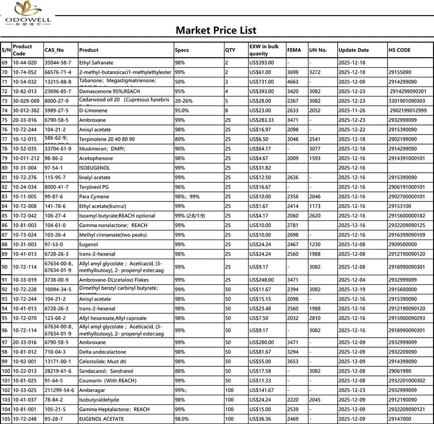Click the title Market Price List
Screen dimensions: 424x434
click(216, 30)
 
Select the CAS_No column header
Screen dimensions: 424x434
click(54, 50)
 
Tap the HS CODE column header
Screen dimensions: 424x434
click(399, 50)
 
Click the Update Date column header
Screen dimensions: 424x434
click(354, 50)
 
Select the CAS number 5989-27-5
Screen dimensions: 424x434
click(57, 110)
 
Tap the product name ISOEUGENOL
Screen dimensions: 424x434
click(95, 168)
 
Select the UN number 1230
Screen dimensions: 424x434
click(315, 244)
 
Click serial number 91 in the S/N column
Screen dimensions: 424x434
click(5, 279)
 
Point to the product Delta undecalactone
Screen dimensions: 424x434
click(102, 352)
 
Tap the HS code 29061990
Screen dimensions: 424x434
click(402, 371)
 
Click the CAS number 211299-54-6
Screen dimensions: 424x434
click(59, 390)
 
